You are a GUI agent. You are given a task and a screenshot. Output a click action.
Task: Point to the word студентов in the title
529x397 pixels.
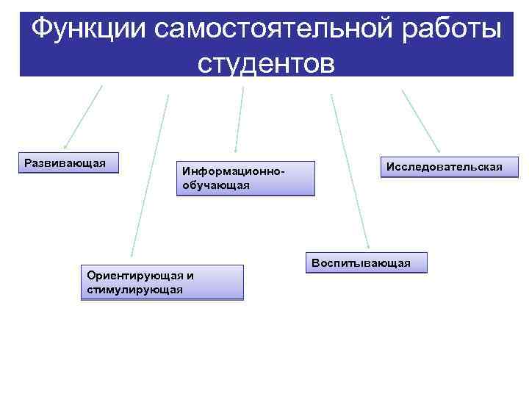pos(266,63)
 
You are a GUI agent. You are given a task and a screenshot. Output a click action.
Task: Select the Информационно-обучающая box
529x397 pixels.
pos(243,178)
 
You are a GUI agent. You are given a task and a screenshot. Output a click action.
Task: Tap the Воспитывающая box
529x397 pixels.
pos(365,262)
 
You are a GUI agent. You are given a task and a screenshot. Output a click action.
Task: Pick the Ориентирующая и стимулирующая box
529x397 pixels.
pos(162,282)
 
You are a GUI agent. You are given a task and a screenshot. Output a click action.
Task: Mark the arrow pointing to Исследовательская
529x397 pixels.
pos(421,121)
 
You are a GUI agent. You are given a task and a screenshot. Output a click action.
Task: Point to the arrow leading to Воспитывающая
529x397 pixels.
pos(350,173)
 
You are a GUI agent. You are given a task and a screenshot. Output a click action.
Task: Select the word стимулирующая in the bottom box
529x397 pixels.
pos(134,290)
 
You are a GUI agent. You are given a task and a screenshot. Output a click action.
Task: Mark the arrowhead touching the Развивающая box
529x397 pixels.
pos(65,147)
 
